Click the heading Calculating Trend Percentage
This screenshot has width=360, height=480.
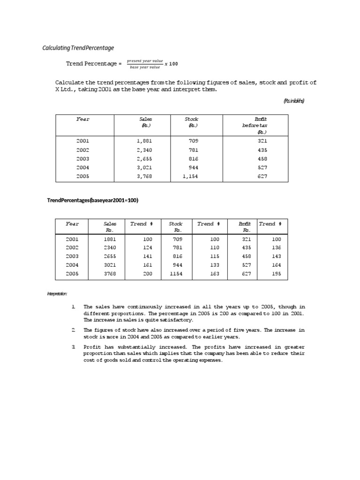(x=78, y=48)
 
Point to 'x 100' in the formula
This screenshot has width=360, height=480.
(x=171, y=64)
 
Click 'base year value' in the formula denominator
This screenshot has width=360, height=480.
(x=145, y=67)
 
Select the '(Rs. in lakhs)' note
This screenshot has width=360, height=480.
(x=294, y=101)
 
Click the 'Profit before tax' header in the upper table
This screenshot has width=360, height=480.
(x=255, y=126)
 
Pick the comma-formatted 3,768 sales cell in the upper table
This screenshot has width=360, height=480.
(x=144, y=176)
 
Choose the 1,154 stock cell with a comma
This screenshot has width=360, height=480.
(x=191, y=176)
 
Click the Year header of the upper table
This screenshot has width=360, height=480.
(x=82, y=119)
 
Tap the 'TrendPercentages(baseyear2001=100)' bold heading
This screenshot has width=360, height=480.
(x=92, y=200)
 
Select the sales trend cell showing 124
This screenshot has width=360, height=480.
(x=148, y=247)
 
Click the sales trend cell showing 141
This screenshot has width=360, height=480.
(x=148, y=256)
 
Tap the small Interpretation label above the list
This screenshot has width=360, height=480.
(x=57, y=294)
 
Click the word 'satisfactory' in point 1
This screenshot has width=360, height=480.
(x=176, y=320)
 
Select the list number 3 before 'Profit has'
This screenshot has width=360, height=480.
(x=74, y=347)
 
